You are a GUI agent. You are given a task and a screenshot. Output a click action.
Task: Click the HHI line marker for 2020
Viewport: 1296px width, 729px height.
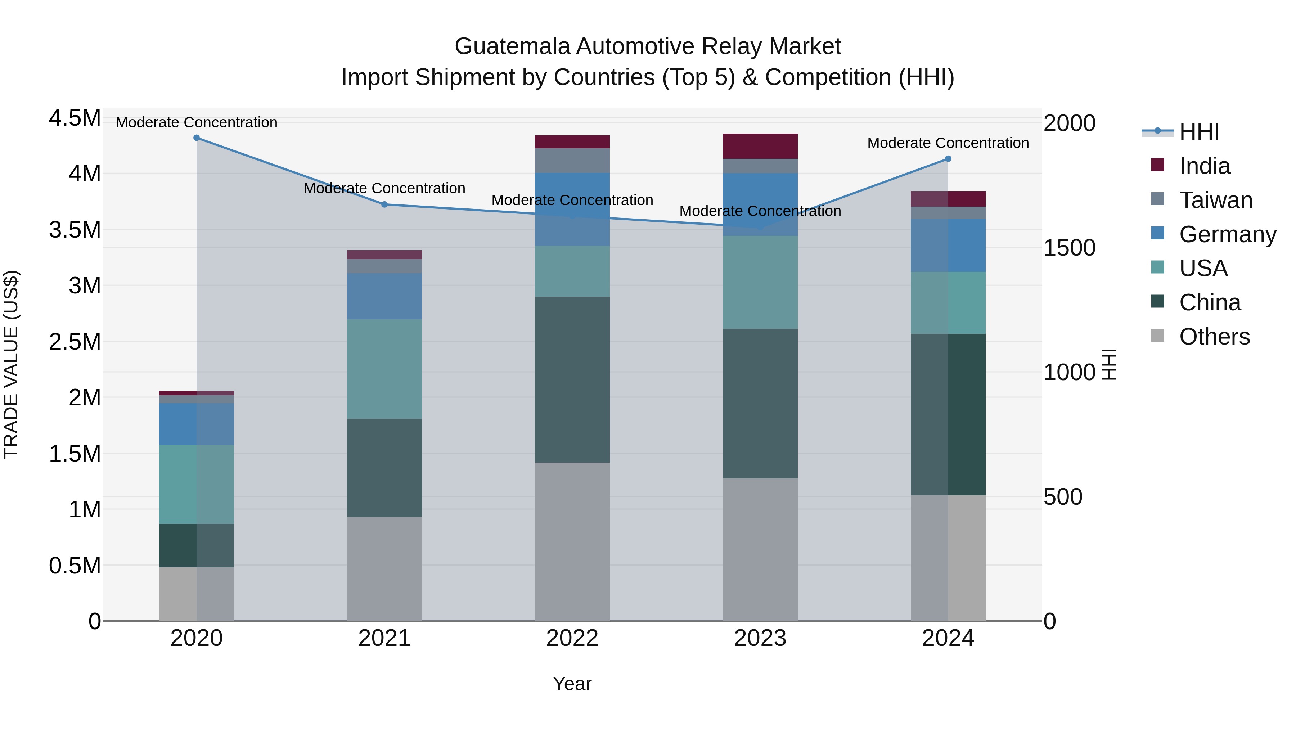coord(197,138)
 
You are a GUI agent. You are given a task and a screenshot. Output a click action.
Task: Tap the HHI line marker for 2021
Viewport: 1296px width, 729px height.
coord(384,204)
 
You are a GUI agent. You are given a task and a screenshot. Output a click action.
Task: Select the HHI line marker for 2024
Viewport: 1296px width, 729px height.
coord(948,159)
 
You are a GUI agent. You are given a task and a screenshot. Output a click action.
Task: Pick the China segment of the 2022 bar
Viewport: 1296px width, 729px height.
coord(572,379)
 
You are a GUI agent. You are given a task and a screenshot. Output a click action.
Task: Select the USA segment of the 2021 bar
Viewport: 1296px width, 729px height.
coord(384,369)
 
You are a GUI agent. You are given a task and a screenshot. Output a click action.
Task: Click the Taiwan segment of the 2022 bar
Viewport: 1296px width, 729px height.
coord(572,161)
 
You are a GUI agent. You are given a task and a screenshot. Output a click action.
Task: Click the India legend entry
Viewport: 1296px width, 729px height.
coord(1205,166)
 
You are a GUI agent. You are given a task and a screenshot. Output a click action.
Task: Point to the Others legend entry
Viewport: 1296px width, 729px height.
coord(1214,337)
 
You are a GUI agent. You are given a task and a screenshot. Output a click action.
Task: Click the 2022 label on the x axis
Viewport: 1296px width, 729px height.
coord(572,638)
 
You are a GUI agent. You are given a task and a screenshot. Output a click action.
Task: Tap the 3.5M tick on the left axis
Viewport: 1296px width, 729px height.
coord(75,230)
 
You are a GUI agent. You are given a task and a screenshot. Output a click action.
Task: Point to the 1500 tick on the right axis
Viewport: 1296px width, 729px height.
coord(1069,248)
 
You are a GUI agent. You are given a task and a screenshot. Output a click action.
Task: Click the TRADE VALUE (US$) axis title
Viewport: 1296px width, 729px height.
coord(12,364)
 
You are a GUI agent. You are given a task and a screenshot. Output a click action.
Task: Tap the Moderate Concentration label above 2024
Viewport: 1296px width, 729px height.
coord(948,143)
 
